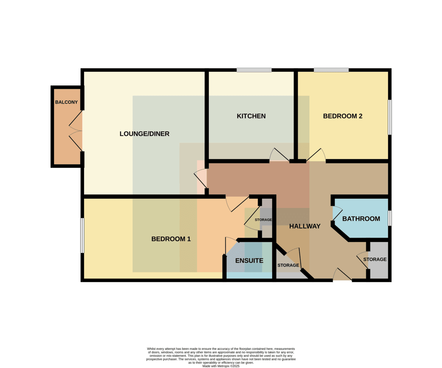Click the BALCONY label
(66, 102)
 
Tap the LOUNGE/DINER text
(144, 134)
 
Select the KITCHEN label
(251, 116)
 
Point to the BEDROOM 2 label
(343, 116)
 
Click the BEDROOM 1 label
(171, 239)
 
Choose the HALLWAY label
(305, 226)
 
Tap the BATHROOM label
(361, 219)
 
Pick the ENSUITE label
(249, 261)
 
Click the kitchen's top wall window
(254, 70)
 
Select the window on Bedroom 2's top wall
(331, 70)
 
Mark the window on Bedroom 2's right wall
(390, 117)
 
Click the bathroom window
(390, 218)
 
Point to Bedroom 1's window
(82, 236)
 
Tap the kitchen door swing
(279, 155)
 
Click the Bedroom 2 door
(316, 155)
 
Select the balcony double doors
(76, 131)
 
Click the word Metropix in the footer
(224, 366)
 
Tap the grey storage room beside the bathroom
(378, 260)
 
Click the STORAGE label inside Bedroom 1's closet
(263, 220)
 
